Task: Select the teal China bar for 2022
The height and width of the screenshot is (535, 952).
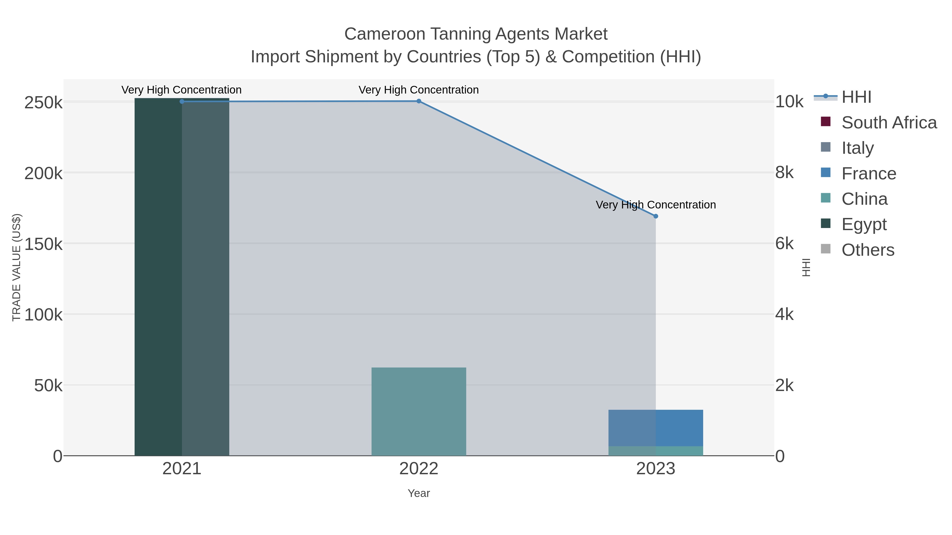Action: (418, 411)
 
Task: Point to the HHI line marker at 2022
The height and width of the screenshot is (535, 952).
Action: (419, 101)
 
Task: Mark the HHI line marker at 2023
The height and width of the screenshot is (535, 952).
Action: (656, 216)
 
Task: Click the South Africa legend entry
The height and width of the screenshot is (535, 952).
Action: (889, 123)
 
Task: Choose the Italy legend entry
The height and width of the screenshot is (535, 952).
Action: (857, 148)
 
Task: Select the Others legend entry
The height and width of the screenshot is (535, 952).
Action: (868, 250)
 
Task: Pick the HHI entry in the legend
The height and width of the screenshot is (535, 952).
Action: (856, 97)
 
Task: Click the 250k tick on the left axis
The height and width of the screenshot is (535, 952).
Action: (43, 103)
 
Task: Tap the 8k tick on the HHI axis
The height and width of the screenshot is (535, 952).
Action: (784, 173)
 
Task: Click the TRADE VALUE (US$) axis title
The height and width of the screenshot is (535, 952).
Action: (17, 267)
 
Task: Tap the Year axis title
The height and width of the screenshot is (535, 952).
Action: (419, 493)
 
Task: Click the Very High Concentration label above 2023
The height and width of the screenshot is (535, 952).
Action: (656, 205)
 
